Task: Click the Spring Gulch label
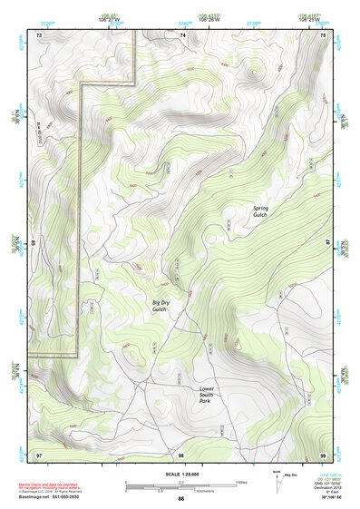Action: click(x=261, y=211)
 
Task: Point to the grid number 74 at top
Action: click(x=182, y=34)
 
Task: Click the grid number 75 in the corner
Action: click(x=324, y=34)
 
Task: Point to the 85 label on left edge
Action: click(x=34, y=243)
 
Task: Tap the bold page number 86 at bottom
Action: click(x=180, y=499)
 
